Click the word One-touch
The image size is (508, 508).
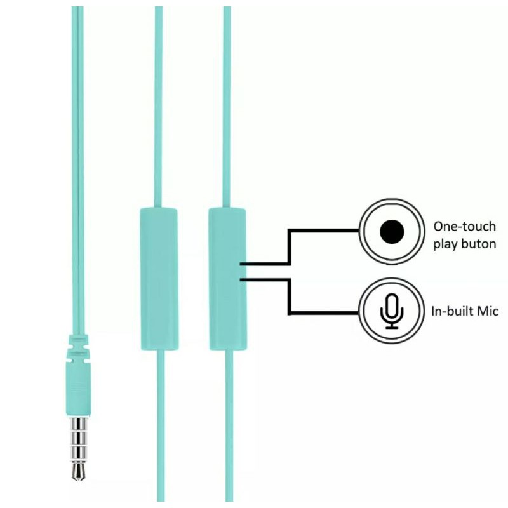[x=464, y=225]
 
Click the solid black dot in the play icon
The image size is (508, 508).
[x=391, y=232]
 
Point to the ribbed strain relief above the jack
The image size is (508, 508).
[x=77, y=347]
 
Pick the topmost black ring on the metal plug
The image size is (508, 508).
[x=79, y=422]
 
